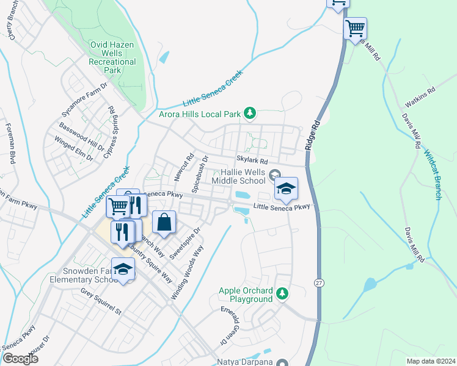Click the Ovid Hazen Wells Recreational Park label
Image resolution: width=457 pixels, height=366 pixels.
pyautogui.click(x=112, y=57)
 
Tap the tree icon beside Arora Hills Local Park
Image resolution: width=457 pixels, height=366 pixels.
pyautogui.click(x=249, y=113)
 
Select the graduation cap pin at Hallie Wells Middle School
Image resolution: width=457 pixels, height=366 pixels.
pyautogui.click(x=285, y=188)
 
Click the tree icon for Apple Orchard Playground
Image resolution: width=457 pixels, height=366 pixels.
pyautogui.click(x=282, y=294)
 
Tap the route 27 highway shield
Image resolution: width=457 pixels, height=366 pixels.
pyautogui.click(x=319, y=283)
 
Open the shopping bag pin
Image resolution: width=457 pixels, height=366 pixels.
pyautogui.click(x=164, y=223)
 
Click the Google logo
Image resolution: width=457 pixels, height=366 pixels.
pyautogui.click(x=20, y=358)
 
